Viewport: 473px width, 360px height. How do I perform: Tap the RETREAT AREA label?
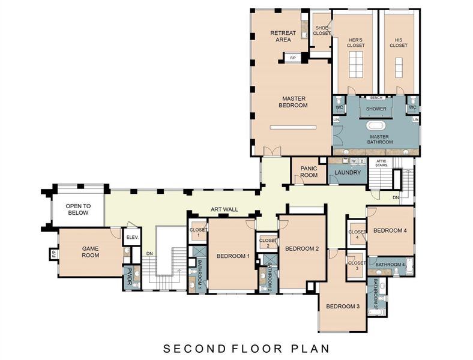pos(280,36)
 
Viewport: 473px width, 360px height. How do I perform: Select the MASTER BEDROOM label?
pos(293,101)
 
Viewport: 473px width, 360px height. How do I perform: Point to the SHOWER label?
pos(376,109)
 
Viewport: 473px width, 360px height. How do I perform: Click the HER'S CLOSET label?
pos(355,43)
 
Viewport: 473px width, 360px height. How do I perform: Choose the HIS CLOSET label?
pos(398,43)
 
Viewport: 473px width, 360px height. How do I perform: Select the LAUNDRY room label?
pos(347,173)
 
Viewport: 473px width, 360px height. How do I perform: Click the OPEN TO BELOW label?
pos(77,209)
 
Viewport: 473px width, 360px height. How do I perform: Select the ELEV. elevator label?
pos(132,238)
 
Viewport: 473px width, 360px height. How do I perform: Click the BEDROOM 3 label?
pos(342,307)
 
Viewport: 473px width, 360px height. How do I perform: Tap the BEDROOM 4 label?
pos(390,230)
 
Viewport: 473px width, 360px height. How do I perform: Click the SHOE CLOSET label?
pos(322,30)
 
